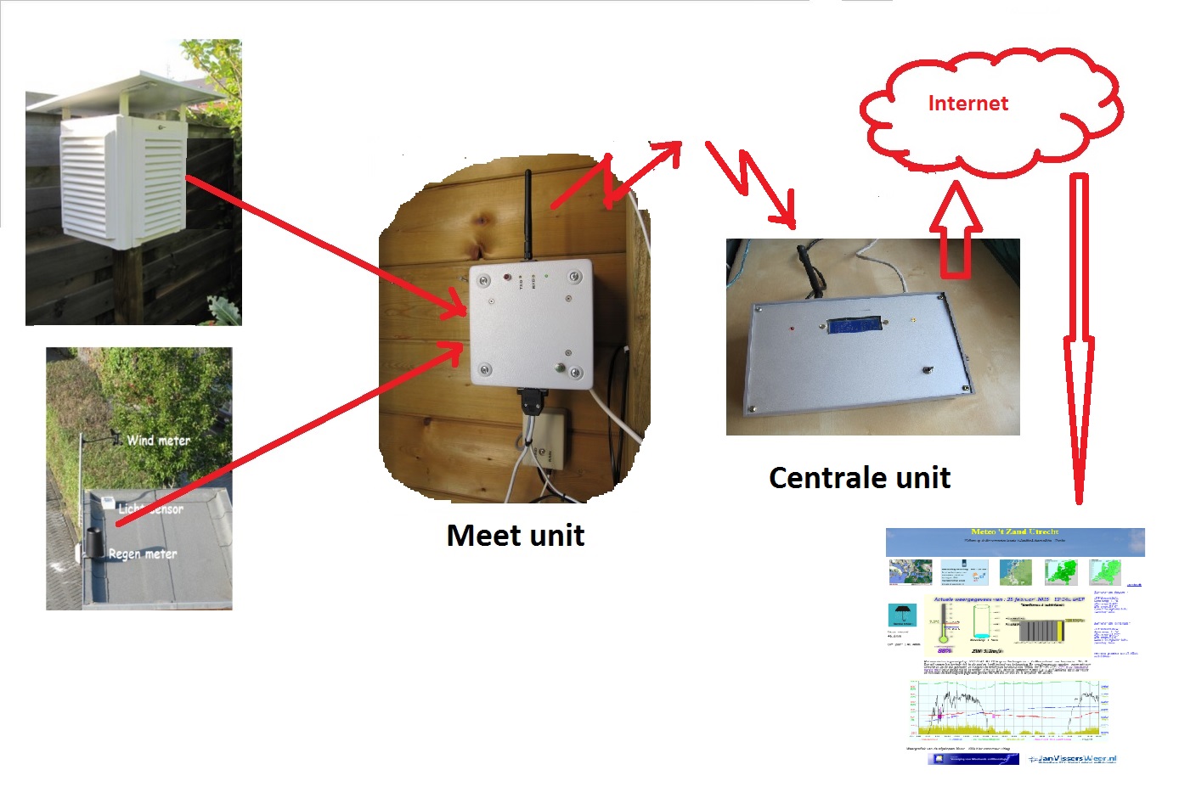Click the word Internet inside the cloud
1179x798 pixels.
(967, 104)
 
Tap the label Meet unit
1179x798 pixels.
(515, 536)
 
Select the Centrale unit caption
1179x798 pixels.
(859, 478)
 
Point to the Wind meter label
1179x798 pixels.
(158, 440)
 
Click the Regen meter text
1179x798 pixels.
(142, 554)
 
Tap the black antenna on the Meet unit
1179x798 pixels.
(527, 212)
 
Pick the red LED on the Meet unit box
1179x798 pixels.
(508, 277)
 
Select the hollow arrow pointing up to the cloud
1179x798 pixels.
(956, 233)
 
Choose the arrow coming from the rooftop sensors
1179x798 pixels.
(289, 433)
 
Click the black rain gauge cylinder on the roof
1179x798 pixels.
(93, 543)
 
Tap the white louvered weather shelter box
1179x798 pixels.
(123, 178)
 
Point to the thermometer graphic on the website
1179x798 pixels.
(943, 624)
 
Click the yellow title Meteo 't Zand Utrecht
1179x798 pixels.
(1014, 532)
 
